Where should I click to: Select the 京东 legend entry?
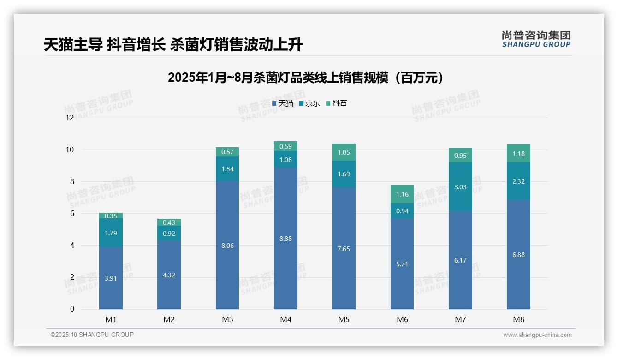(x=309, y=103)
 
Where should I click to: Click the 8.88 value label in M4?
(x=285, y=239)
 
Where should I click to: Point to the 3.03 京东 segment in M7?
(x=460, y=187)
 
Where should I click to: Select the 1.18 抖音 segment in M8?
(x=518, y=154)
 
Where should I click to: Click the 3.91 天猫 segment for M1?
(x=111, y=278)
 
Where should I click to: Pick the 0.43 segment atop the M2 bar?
(x=169, y=222)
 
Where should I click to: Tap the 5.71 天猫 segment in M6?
(x=402, y=264)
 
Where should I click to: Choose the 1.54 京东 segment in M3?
(x=227, y=169)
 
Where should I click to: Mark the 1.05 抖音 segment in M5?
(x=344, y=152)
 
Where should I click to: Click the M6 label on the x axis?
(x=402, y=319)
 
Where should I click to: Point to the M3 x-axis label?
(x=227, y=319)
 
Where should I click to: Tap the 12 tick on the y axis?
(x=70, y=118)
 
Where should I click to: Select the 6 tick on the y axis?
(x=71, y=213)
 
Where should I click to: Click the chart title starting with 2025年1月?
(x=305, y=78)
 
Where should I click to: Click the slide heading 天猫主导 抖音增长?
(x=173, y=45)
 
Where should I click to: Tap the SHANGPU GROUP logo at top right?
(x=536, y=39)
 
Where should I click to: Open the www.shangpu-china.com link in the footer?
(x=537, y=335)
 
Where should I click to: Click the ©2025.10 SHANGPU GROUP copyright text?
(x=92, y=335)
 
